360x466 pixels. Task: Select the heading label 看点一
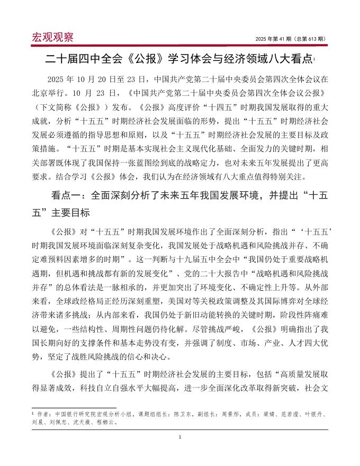pyautogui.click(x=65, y=194)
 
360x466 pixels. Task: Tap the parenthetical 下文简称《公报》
pyautogui.click(x=74, y=106)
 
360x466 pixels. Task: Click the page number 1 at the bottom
pyautogui.click(x=180, y=436)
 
